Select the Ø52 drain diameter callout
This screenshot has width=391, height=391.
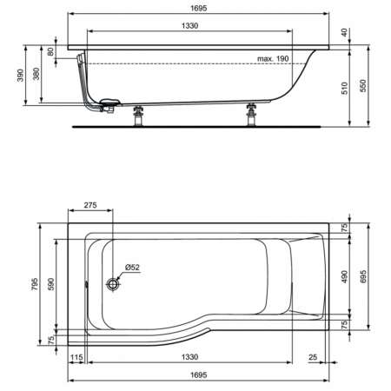[x=133, y=267]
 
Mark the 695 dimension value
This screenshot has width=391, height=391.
[x=366, y=276]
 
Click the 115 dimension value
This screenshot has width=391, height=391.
[x=76, y=358]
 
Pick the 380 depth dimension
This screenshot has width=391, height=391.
[x=36, y=75]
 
